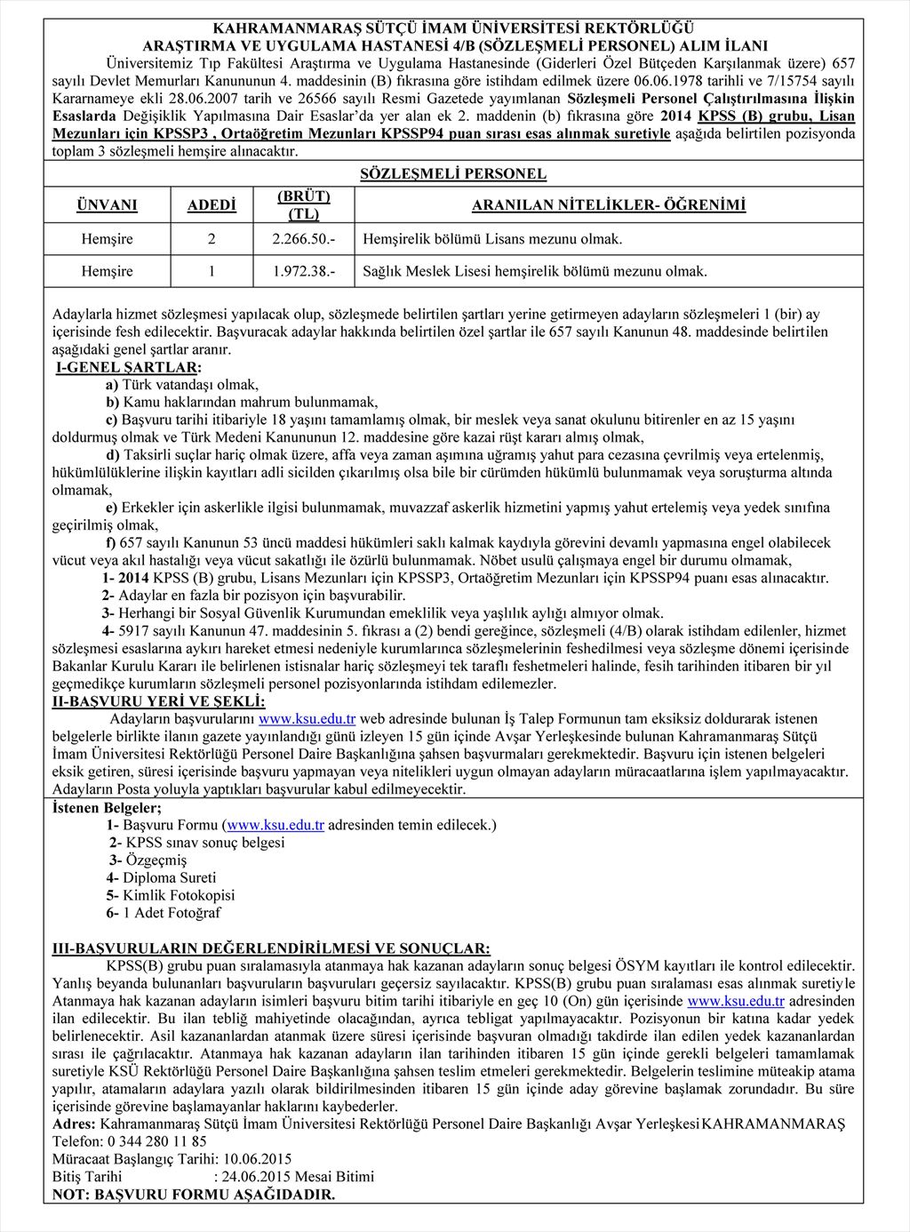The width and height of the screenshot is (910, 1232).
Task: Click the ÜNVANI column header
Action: (x=107, y=205)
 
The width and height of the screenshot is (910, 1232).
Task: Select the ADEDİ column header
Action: (x=212, y=205)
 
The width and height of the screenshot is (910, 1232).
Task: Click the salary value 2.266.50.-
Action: (x=304, y=239)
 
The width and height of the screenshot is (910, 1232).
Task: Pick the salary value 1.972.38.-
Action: (x=304, y=271)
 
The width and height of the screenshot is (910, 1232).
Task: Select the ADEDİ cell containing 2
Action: (x=212, y=239)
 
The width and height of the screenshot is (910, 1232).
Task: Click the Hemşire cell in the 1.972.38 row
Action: (x=107, y=271)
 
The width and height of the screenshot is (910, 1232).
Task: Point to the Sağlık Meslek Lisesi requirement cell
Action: (x=535, y=271)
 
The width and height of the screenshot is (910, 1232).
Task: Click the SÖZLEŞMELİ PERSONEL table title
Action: (x=453, y=174)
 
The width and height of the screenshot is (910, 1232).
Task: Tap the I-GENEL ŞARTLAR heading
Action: (x=128, y=367)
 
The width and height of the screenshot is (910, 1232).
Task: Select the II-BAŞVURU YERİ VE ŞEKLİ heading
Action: (x=146, y=701)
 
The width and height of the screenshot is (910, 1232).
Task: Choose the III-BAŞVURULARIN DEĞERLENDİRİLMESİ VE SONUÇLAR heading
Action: (x=271, y=948)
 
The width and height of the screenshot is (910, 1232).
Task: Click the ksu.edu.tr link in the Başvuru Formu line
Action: (x=275, y=825)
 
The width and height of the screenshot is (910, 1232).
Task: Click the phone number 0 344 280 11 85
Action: (x=156, y=1141)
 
